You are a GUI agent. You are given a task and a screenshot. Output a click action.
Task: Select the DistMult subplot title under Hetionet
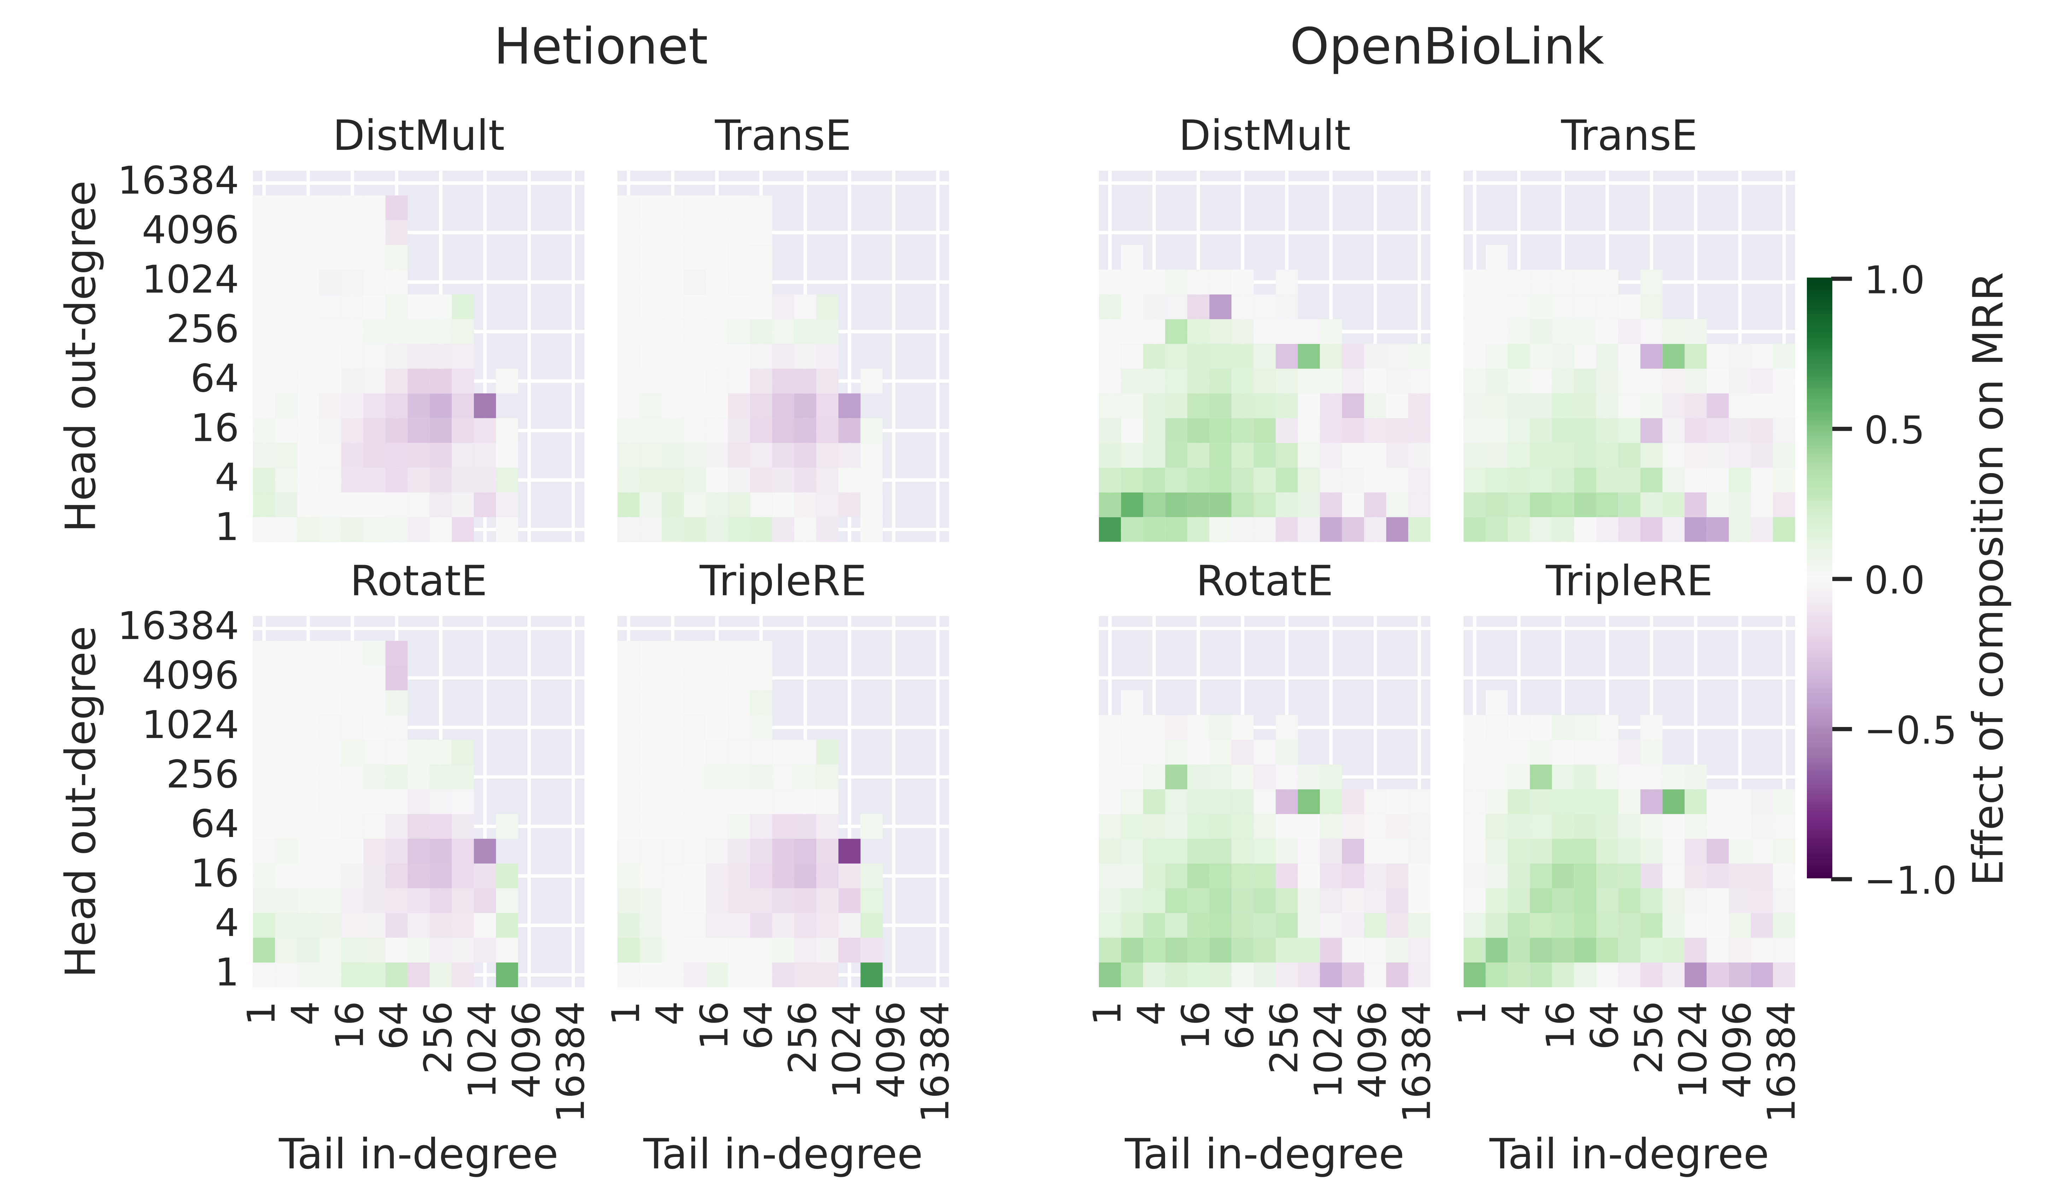(x=419, y=136)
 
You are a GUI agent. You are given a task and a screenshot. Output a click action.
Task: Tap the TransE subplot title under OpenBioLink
(x=1629, y=136)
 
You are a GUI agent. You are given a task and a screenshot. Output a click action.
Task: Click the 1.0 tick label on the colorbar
(x=1895, y=281)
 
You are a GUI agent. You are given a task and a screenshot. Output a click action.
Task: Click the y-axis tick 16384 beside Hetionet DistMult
(x=179, y=181)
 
